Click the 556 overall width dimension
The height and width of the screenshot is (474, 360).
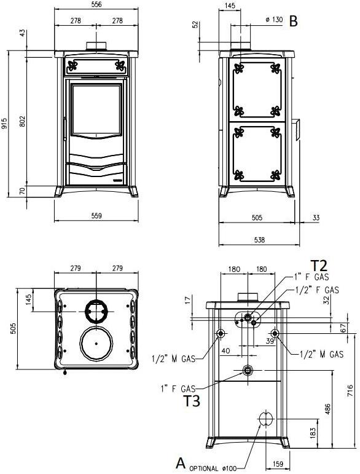pyautogui.click(x=97, y=5)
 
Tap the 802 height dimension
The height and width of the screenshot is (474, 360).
pyautogui.click(x=23, y=122)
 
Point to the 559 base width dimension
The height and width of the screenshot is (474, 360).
pyautogui.click(x=97, y=216)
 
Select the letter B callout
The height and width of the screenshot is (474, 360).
pyautogui.click(x=294, y=21)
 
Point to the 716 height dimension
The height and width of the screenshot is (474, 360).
pyautogui.click(x=350, y=393)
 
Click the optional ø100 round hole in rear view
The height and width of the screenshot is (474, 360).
pyautogui.click(x=265, y=419)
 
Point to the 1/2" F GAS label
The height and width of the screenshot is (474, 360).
pyautogui.click(x=317, y=290)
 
